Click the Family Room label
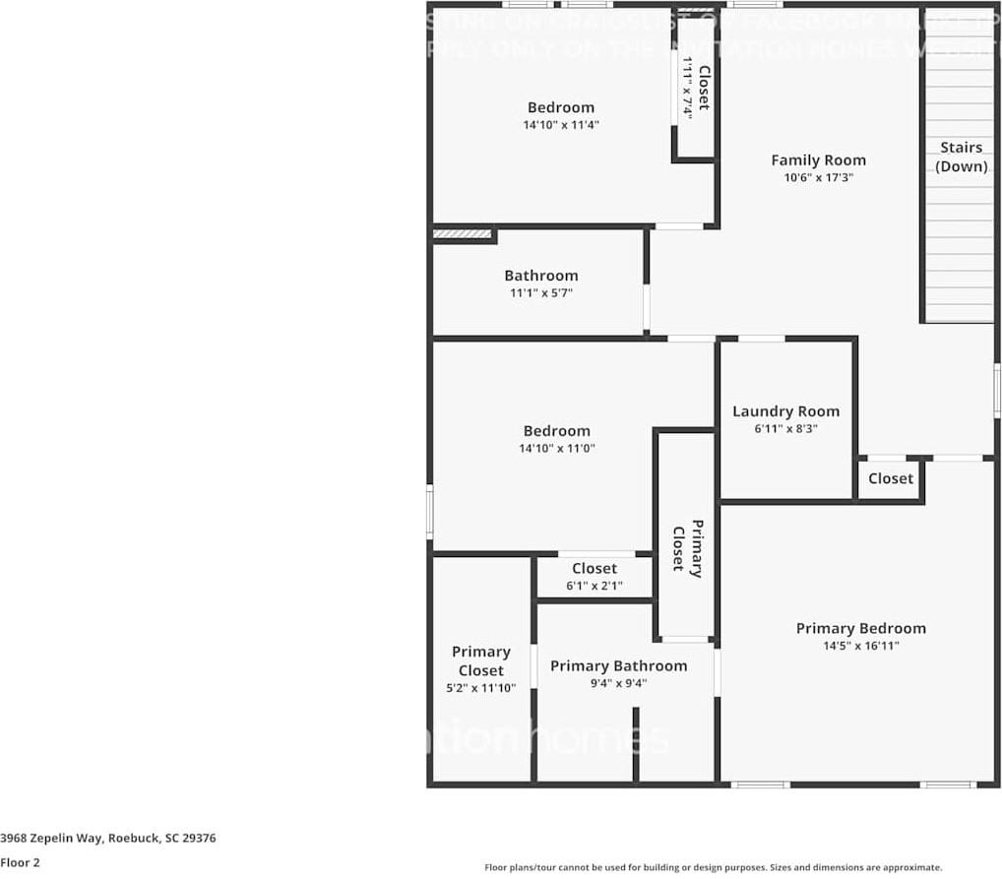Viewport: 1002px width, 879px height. point(818,160)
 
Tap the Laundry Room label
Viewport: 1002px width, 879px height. point(785,411)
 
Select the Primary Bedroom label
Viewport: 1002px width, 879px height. point(860,629)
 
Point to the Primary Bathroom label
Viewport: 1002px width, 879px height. point(618,666)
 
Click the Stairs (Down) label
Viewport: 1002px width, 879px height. point(961,157)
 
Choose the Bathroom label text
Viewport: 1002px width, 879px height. point(540,276)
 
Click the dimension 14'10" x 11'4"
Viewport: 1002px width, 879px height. point(561,125)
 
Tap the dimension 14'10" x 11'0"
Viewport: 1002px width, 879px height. point(557,448)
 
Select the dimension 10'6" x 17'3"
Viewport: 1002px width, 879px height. point(818,178)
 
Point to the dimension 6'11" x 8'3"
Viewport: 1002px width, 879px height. point(785,429)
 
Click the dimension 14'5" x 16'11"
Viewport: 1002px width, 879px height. point(861,647)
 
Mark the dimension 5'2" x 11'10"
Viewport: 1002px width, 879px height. point(481,689)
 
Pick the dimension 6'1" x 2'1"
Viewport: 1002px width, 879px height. point(595,586)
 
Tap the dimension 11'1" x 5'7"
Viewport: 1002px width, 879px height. point(540,293)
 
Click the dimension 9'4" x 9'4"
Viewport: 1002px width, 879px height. point(618,683)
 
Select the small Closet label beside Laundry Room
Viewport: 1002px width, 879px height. point(891,478)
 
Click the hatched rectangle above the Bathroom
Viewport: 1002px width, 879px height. point(463,234)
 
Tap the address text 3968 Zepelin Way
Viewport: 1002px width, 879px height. point(108,839)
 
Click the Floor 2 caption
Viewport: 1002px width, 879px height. point(21,863)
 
